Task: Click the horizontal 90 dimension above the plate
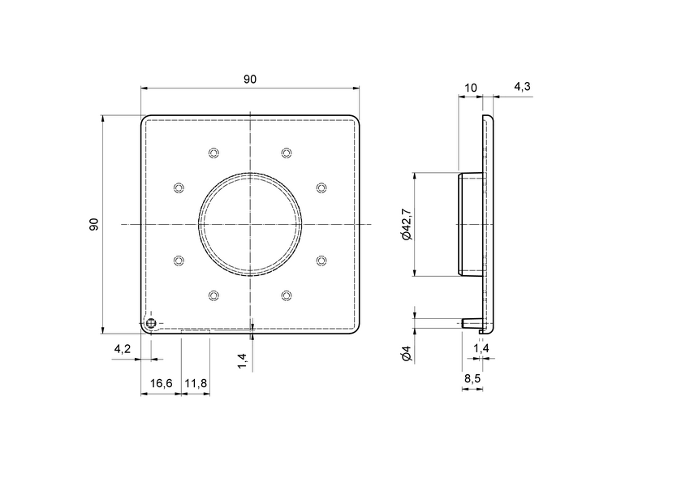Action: (x=250, y=80)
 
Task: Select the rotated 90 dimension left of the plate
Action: (x=94, y=225)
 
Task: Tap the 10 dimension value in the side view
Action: (x=470, y=87)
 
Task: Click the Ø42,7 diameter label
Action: (x=406, y=225)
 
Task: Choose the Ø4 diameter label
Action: (x=406, y=354)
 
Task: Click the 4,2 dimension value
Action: (x=122, y=349)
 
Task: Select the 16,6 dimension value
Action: (x=160, y=383)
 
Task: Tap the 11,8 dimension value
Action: (x=196, y=383)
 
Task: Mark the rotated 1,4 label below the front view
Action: (x=243, y=360)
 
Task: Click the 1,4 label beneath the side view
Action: (x=481, y=349)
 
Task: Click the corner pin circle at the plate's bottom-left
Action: (x=152, y=324)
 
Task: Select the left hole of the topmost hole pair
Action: (x=214, y=153)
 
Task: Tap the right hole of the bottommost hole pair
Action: (x=286, y=295)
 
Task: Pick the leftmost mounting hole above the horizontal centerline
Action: (x=179, y=188)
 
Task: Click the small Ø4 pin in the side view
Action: (x=468, y=323)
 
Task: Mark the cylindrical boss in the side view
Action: (x=469, y=225)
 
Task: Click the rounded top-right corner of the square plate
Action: (x=356, y=119)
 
